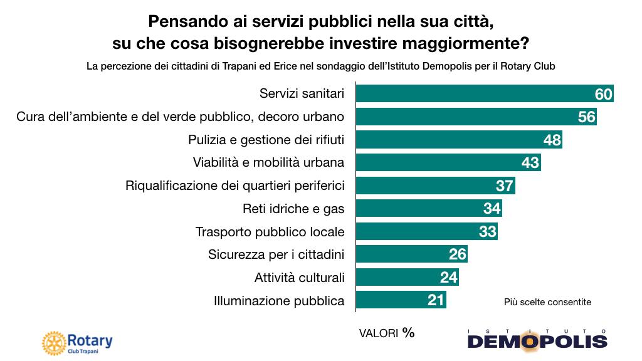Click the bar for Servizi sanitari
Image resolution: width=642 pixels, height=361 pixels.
pos(470,93)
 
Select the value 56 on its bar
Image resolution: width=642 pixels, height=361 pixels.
pos(586,117)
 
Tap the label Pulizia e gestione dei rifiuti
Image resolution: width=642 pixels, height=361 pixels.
pos(266,139)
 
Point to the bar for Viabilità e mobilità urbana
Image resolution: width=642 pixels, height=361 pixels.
pos(439,162)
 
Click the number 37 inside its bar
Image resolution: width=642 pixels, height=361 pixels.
pos(504,186)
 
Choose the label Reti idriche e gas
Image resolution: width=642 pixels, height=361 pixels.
pos(293,209)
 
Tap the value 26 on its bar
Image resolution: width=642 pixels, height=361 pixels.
pos(458,254)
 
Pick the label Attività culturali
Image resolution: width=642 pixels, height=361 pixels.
pos(299,278)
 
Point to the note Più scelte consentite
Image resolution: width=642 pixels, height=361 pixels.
pos(547,301)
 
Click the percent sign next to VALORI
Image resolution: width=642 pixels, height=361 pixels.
pos(408,332)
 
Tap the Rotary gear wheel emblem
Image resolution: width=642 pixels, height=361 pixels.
pos(53,342)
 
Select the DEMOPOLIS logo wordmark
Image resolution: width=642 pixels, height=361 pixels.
pos(537,340)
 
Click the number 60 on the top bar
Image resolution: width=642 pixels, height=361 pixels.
pos(603,94)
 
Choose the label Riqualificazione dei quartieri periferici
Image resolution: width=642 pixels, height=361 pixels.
pos(235,186)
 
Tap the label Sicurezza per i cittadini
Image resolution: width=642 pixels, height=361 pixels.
pos(276,254)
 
